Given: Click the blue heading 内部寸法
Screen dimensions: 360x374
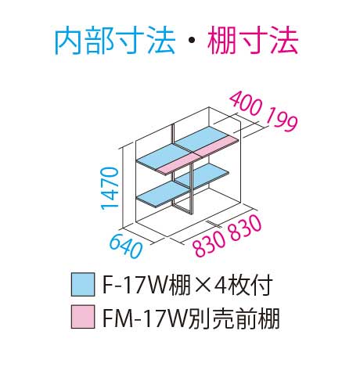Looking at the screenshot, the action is [x=115, y=41].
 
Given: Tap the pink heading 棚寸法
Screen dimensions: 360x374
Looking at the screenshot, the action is [x=253, y=41].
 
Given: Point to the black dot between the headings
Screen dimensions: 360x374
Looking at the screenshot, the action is [x=191, y=42].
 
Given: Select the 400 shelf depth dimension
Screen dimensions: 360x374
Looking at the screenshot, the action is [x=246, y=105].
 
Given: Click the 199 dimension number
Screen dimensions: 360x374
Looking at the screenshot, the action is [x=281, y=120].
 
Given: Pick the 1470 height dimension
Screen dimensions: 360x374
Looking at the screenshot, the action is [x=110, y=189].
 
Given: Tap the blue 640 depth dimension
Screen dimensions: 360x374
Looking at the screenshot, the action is [x=126, y=246].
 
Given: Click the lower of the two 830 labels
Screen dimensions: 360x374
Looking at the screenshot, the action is [x=210, y=243].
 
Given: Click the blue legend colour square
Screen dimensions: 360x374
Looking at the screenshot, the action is [x=83, y=285].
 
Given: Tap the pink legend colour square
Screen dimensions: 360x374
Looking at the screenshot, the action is [x=83, y=317].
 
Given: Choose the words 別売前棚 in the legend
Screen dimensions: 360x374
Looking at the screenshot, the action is [x=233, y=317].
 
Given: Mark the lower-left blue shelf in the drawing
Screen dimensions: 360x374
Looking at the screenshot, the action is [x=163, y=194].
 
